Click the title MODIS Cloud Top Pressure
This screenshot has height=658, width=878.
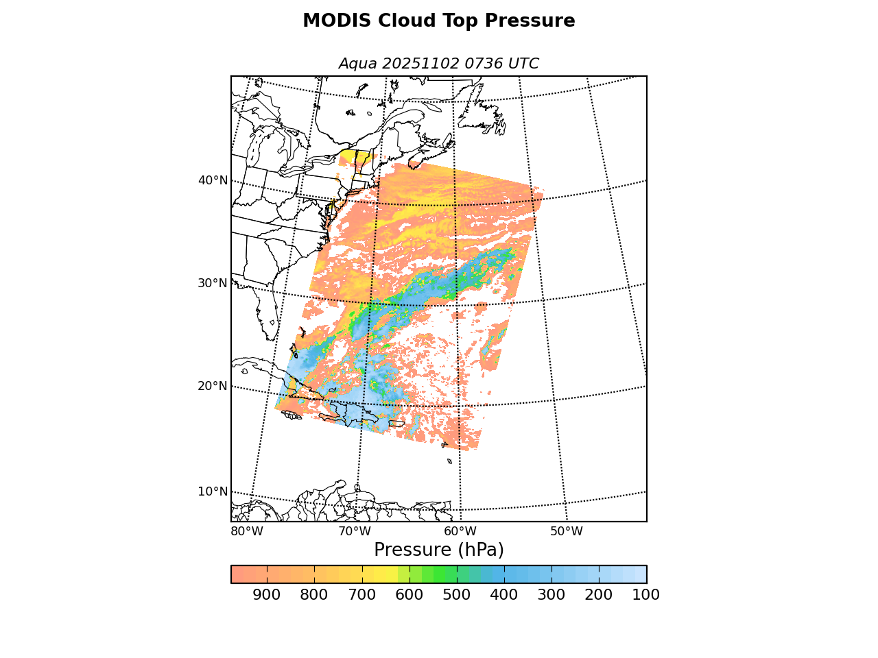(x=439, y=21)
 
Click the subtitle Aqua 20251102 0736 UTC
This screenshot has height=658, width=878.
(x=439, y=64)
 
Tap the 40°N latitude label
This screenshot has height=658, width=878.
(x=213, y=180)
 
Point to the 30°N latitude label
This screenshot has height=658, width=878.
(x=213, y=283)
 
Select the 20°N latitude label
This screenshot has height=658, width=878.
(x=213, y=386)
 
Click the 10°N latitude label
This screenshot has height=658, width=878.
(x=213, y=491)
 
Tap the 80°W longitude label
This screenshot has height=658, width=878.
(x=247, y=531)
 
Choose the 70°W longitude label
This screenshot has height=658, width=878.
(x=355, y=531)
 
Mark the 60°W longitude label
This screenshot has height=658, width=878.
(x=460, y=531)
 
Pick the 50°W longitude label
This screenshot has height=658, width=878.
(x=567, y=531)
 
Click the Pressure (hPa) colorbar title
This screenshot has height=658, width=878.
(x=439, y=550)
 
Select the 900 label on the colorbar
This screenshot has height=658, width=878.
(x=266, y=595)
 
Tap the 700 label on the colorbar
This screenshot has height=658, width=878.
(x=361, y=595)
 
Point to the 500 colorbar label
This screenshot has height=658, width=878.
(x=456, y=595)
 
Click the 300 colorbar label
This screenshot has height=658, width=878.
(x=551, y=595)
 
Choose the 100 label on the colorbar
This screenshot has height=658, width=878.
(x=645, y=595)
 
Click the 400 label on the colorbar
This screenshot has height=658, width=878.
(x=503, y=595)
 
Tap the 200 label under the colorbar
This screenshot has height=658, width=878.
(x=598, y=595)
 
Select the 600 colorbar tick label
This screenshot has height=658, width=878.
(x=409, y=595)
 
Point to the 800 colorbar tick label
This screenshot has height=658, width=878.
(x=313, y=595)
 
